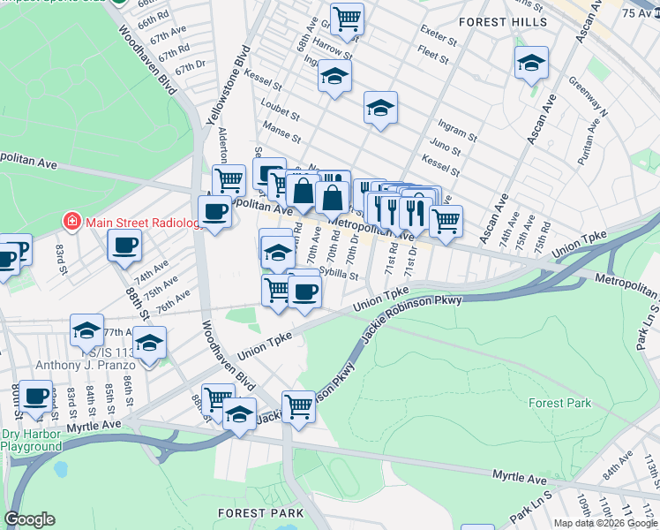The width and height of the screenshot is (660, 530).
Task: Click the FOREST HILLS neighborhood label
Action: click(x=502, y=22)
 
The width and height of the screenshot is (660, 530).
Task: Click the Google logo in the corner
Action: click(x=29, y=519)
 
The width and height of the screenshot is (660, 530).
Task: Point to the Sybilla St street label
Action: click(x=339, y=274)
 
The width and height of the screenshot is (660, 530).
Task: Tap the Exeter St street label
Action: click(x=438, y=41)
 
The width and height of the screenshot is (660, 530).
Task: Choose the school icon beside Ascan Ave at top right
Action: click(x=531, y=64)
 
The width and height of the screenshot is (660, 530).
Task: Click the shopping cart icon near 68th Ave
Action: click(x=348, y=18)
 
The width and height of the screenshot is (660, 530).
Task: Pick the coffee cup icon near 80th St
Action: click(x=35, y=396)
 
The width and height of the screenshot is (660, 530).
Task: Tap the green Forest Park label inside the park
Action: click(x=559, y=403)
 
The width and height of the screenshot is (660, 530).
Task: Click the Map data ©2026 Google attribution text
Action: click(x=605, y=523)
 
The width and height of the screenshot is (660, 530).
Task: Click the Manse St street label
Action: click(x=283, y=139)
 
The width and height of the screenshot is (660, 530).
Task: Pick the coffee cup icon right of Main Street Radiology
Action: click(x=124, y=246)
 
